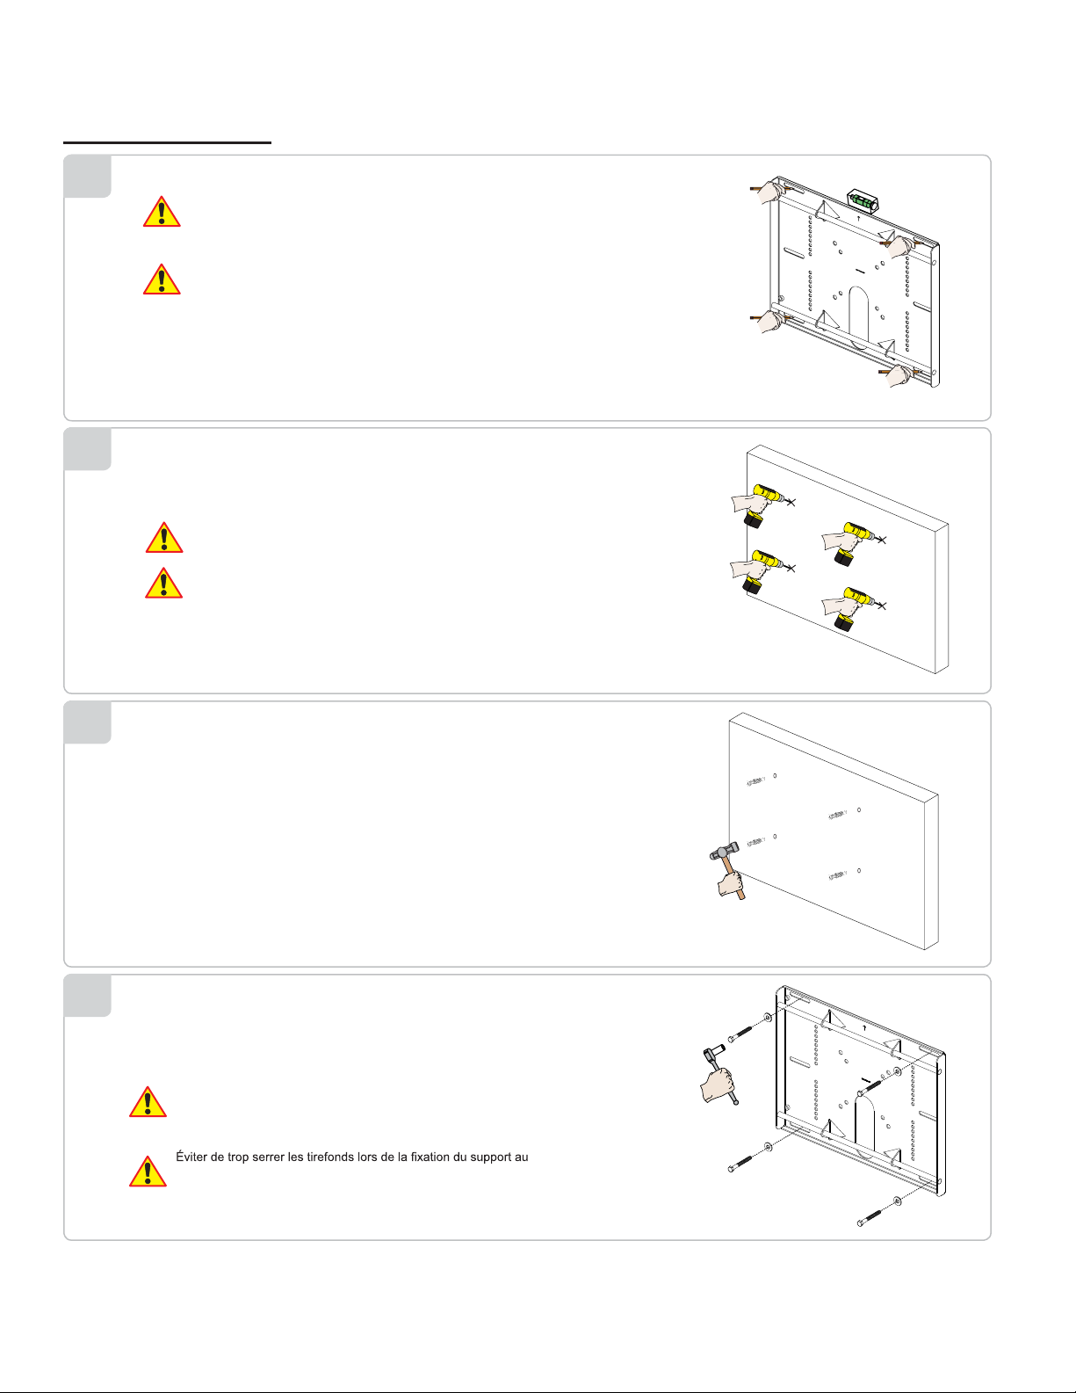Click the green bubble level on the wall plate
coord(863,200)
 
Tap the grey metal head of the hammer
coord(724,852)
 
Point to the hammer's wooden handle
coord(734,878)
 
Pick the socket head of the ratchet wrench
coord(713,1052)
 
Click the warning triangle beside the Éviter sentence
coord(148,1172)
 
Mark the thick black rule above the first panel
coord(167,142)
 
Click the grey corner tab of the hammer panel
coord(88,722)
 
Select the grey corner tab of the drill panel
coord(88,449)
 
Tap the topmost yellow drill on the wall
coord(763,504)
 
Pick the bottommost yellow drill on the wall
coord(854,608)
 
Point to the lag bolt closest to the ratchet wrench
coord(740,1034)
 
